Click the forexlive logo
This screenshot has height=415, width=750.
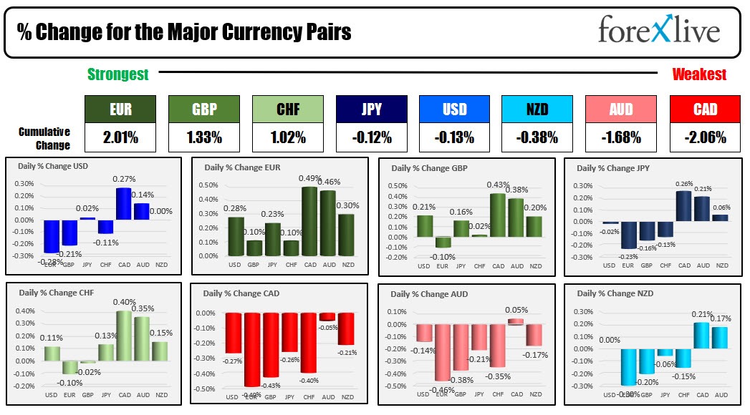(x=659, y=31)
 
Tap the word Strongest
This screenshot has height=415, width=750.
(x=118, y=74)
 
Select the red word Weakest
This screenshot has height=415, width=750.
(x=699, y=74)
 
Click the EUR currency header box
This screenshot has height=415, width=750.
(x=119, y=109)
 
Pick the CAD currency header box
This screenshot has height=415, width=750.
(x=705, y=109)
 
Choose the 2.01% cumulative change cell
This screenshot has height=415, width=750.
(x=119, y=137)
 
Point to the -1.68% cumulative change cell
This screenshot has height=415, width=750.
(x=621, y=137)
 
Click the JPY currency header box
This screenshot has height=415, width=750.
(x=371, y=109)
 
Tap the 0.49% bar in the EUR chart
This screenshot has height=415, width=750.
(x=310, y=221)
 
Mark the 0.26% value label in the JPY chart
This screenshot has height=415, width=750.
(x=685, y=184)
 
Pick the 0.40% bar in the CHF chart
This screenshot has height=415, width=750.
(x=125, y=342)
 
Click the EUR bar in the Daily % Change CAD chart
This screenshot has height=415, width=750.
(x=251, y=349)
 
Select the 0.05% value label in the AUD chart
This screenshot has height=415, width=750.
(x=516, y=310)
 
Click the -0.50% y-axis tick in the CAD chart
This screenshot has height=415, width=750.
(x=205, y=389)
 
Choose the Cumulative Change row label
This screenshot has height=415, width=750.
(x=44, y=139)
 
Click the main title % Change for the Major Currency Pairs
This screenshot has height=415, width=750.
(x=184, y=33)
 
